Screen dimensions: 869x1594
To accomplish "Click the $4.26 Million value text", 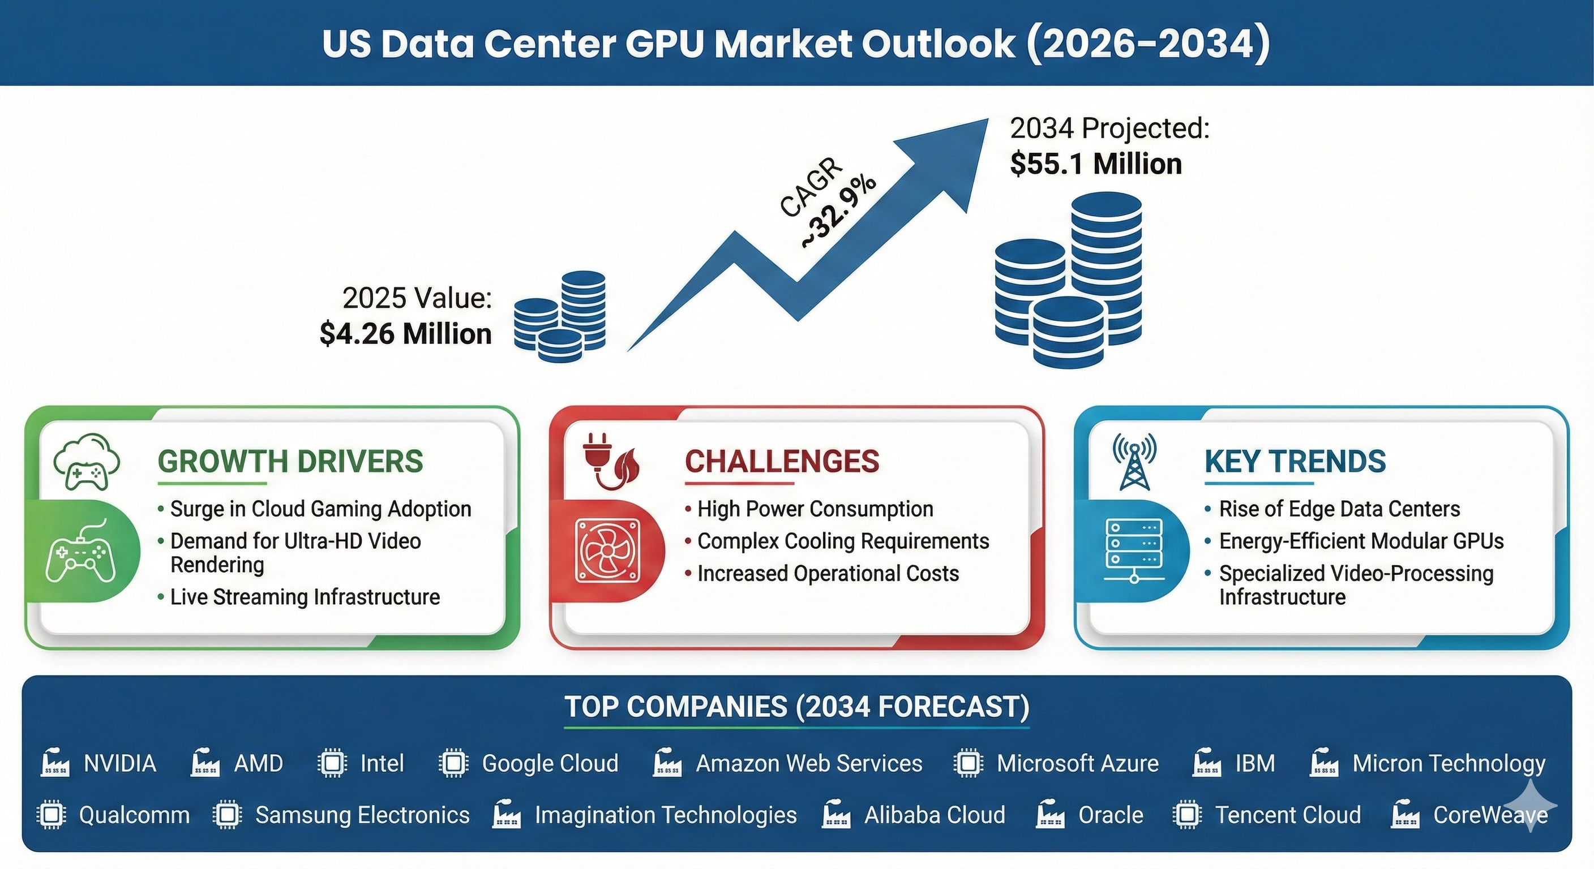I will point(405,334).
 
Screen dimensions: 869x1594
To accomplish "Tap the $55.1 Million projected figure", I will point(1096,165).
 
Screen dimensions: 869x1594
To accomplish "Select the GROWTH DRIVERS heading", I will point(290,462).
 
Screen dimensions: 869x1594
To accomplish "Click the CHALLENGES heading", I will point(782,462).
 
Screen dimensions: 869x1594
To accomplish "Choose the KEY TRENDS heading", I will point(1295,462).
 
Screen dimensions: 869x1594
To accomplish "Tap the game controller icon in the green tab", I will point(80,552).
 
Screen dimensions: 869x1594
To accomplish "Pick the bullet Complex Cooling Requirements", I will point(843,541).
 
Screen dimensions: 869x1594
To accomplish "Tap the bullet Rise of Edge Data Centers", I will point(1339,509).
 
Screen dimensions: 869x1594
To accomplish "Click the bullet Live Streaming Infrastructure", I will point(305,597).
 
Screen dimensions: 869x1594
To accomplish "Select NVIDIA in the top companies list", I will point(120,763).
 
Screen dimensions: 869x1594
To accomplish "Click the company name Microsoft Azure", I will point(1077,763).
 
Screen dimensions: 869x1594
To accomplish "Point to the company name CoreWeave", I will point(1490,815).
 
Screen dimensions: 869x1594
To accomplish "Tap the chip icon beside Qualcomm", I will point(51,815).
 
